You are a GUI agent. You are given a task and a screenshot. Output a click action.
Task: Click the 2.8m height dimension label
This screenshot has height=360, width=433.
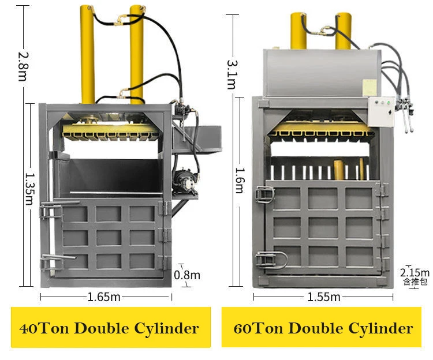pos(23,66)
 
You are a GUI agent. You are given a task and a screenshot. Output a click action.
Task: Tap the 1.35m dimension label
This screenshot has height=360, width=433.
pos(29,189)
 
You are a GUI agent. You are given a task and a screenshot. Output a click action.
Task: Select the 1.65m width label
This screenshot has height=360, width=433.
pos(104,297)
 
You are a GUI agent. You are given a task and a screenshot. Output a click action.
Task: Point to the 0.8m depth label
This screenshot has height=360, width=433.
pos(187,275)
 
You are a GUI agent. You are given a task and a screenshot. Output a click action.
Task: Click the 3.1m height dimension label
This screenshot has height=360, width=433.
pos(232,74)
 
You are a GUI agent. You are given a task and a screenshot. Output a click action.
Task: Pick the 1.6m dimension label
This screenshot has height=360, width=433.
pos(240,181)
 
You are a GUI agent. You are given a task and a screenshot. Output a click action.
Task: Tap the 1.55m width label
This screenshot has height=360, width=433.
pos(324,297)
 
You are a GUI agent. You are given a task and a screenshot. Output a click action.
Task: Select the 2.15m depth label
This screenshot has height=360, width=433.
pos(415,272)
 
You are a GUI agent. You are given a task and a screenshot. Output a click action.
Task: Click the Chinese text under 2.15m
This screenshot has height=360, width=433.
pos(415,282)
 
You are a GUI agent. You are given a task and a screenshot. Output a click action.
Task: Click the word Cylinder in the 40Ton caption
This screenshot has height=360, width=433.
pos(166,328)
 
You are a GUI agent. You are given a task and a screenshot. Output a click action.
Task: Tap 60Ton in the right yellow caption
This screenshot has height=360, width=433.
pos(259,328)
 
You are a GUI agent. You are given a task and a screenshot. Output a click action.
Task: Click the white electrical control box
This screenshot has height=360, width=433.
pos(381,112)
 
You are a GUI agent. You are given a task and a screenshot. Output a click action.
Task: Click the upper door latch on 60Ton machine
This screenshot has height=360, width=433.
pos(264,195)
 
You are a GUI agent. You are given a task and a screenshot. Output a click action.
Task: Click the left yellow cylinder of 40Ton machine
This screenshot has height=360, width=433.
pos(88,54)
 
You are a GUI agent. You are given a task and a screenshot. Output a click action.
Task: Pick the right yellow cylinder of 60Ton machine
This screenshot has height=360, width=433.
pos(343,31)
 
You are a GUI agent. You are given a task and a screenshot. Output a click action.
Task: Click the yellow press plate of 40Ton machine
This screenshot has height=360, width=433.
pos(111,130)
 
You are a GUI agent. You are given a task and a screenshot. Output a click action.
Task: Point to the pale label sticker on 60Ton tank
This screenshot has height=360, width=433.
pos(369,87)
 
